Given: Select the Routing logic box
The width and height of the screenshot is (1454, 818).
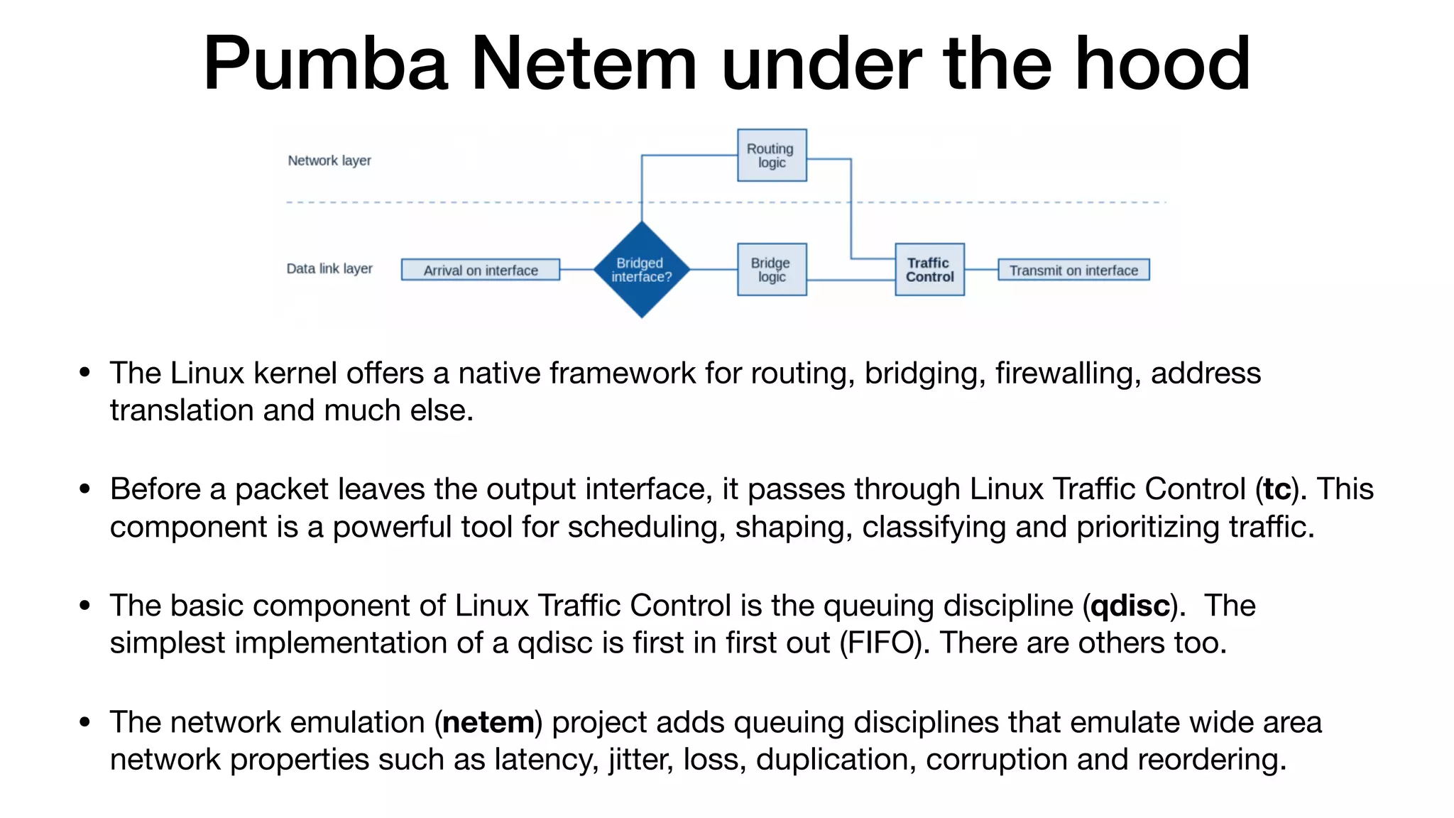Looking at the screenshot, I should click(x=772, y=156).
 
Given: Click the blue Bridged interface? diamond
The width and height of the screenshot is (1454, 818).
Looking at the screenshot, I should click(x=642, y=270).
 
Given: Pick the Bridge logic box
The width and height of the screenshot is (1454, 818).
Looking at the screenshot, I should click(x=772, y=270).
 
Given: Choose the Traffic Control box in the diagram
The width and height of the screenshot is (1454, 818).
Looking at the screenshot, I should click(x=929, y=270).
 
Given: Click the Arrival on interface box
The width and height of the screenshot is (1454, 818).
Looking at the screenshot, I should click(x=481, y=270).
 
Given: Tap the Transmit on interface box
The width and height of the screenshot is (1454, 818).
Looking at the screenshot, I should click(x=1073, y=270).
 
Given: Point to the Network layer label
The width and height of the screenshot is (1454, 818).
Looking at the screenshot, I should click(x=329, y=160).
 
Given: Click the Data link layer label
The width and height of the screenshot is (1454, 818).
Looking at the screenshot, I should click(x=329, y=268).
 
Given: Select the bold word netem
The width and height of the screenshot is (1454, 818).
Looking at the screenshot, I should click(x=488, y=723).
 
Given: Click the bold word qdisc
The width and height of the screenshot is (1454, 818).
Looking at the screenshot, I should click(x=1130, y=606).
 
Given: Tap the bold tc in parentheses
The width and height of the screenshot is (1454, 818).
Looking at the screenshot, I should click(x=1277, y=490).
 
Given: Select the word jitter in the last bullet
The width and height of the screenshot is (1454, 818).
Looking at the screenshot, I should click(x=640, y=760).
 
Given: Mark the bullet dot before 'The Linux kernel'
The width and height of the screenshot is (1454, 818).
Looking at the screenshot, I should click(x=85, y=373).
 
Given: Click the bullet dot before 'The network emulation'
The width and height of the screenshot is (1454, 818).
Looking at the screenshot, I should click(x=85, y=723).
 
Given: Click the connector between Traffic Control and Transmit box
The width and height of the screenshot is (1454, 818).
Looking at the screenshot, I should click(x=981, y=270).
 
